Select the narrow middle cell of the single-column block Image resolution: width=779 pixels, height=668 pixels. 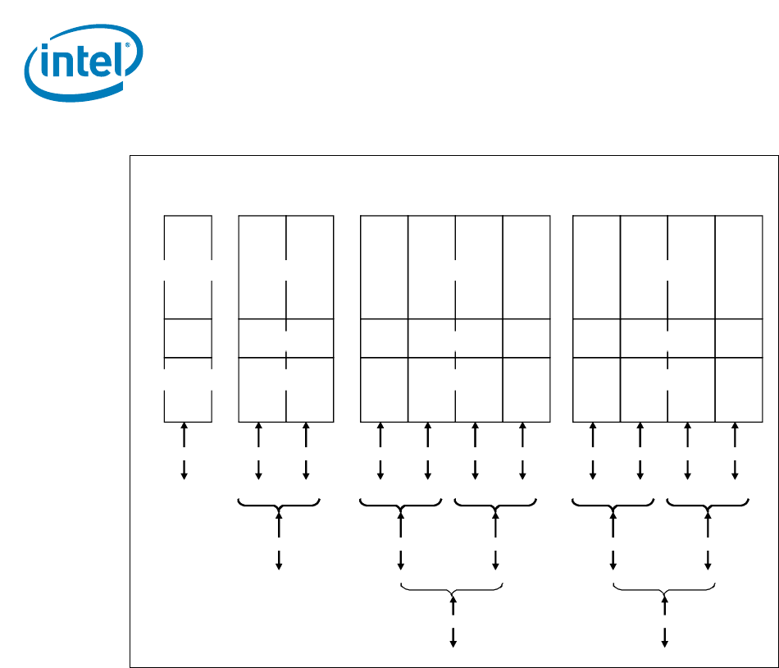click(188, 338)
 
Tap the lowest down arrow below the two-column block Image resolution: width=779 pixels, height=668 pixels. click(279, 560)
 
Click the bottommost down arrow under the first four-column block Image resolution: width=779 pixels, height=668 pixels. click(453, 637)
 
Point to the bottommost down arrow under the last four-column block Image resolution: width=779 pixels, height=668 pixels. click(665, 637)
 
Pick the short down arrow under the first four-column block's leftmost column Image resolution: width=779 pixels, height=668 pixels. click(380, 469)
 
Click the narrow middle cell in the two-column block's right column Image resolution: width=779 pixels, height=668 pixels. click(310, 338)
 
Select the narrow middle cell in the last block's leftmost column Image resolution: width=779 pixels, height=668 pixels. click(596, 338)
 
